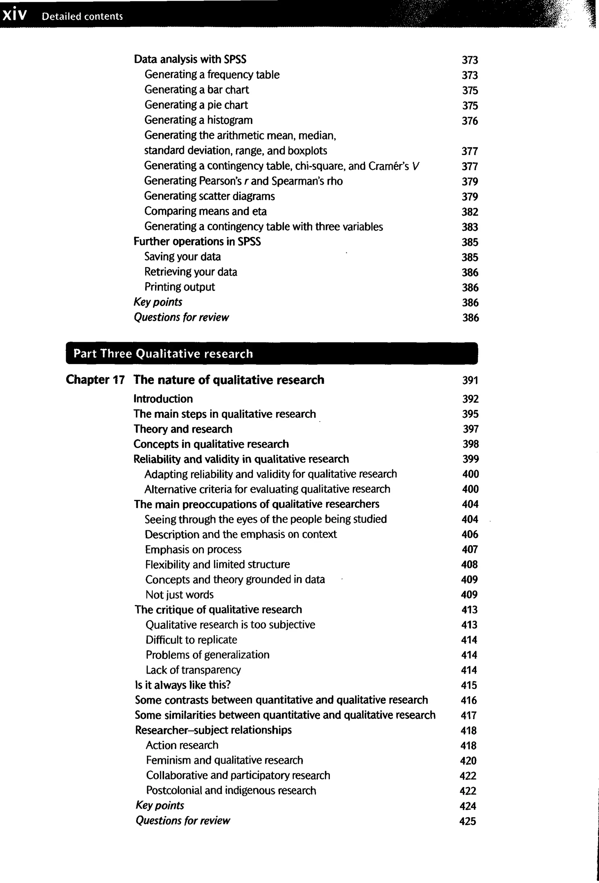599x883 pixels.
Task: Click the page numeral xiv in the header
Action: click(x=14, y=15)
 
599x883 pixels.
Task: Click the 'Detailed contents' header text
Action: click(x=82, y=16)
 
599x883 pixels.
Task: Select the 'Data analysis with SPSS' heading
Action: click(x=190, y=59)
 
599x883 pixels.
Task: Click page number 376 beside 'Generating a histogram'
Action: click(x=470, y=121)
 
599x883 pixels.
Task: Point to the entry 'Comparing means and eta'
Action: click(x=205, y=211)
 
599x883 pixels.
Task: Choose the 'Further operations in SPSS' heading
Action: click(x=197, y=242)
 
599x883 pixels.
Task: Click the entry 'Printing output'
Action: click(x=179, y=287)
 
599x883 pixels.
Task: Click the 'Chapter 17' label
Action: click(x=95, y=380)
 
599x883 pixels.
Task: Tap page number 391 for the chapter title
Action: click(x=470, y=380)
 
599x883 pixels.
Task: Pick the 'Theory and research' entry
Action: click(x=183, y=429)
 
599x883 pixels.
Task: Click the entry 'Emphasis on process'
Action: click(x=193, y=549)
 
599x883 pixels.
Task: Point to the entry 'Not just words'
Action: click(x=179, y=595)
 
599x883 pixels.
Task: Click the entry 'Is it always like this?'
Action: click(x=183, y=685)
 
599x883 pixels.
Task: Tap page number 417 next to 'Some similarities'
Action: click(x=469, y=715)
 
